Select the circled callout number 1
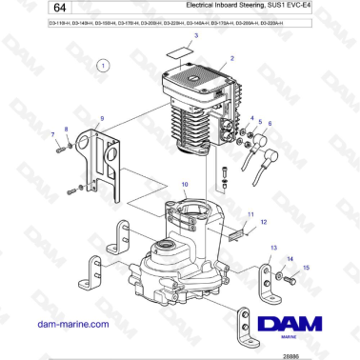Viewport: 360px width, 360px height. pos(104,65)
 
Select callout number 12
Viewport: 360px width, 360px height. pos(263,221)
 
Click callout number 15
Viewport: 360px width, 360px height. pos(307,269)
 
